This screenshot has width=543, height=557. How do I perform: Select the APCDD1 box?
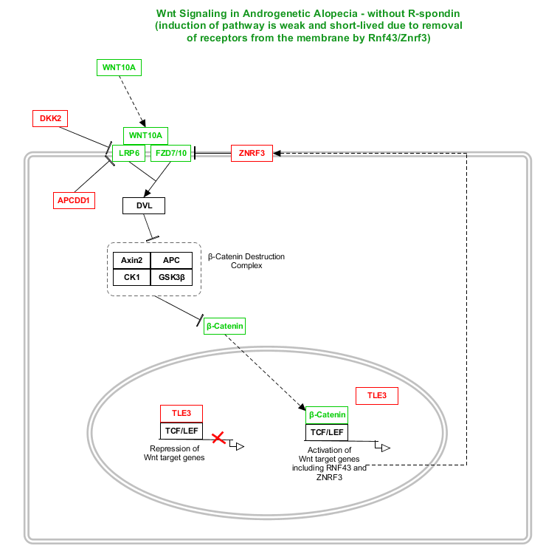tap(75, 200)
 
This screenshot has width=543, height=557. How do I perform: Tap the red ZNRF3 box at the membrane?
tap(252, 154)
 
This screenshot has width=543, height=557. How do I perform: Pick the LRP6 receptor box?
tap(128, 154)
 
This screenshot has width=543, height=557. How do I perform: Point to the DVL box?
tap(143, 205)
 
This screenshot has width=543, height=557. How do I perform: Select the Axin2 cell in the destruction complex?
tap(131, 260)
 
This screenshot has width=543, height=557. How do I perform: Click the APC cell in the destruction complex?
tap(171, 260)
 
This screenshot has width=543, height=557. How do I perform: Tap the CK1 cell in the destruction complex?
tap(131, 278)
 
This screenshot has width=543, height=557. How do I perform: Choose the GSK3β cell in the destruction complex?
tap(171, 278)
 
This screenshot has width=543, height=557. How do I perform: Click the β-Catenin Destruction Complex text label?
tap(246, 262)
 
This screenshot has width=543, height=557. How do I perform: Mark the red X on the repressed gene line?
tap(218, 438)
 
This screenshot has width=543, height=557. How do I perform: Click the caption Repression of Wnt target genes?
tap(174, 453)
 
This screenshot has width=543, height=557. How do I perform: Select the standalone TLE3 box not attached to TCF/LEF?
tap(377, 396)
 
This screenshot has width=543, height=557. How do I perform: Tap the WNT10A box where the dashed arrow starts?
tap(119, 67)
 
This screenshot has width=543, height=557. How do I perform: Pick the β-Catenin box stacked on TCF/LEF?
tap(327, 415)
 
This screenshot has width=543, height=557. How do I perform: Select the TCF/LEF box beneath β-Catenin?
tap(327, 432)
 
